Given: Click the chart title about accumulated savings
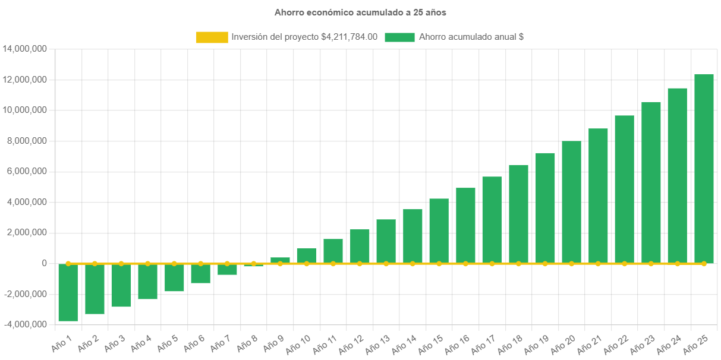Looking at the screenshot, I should point(360,12).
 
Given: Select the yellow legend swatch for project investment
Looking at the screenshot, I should point(212,37).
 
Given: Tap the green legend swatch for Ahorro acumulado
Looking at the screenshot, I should point(399,37).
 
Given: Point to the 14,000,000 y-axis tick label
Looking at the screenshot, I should point(25,49).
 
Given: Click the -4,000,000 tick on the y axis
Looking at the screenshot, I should point(25,325).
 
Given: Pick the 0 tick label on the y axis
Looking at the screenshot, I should point(44,263).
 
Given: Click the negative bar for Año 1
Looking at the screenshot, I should point(68,292).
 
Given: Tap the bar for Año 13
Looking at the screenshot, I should point(386,241).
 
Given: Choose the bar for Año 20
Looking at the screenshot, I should point(571,202).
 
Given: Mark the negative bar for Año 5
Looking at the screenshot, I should point(174,277).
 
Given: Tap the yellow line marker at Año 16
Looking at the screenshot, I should point(465,263).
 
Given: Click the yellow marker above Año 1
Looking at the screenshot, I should point(68,263).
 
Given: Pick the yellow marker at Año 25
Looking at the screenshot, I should point(704,263).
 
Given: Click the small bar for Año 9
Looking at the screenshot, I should point(280,260).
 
